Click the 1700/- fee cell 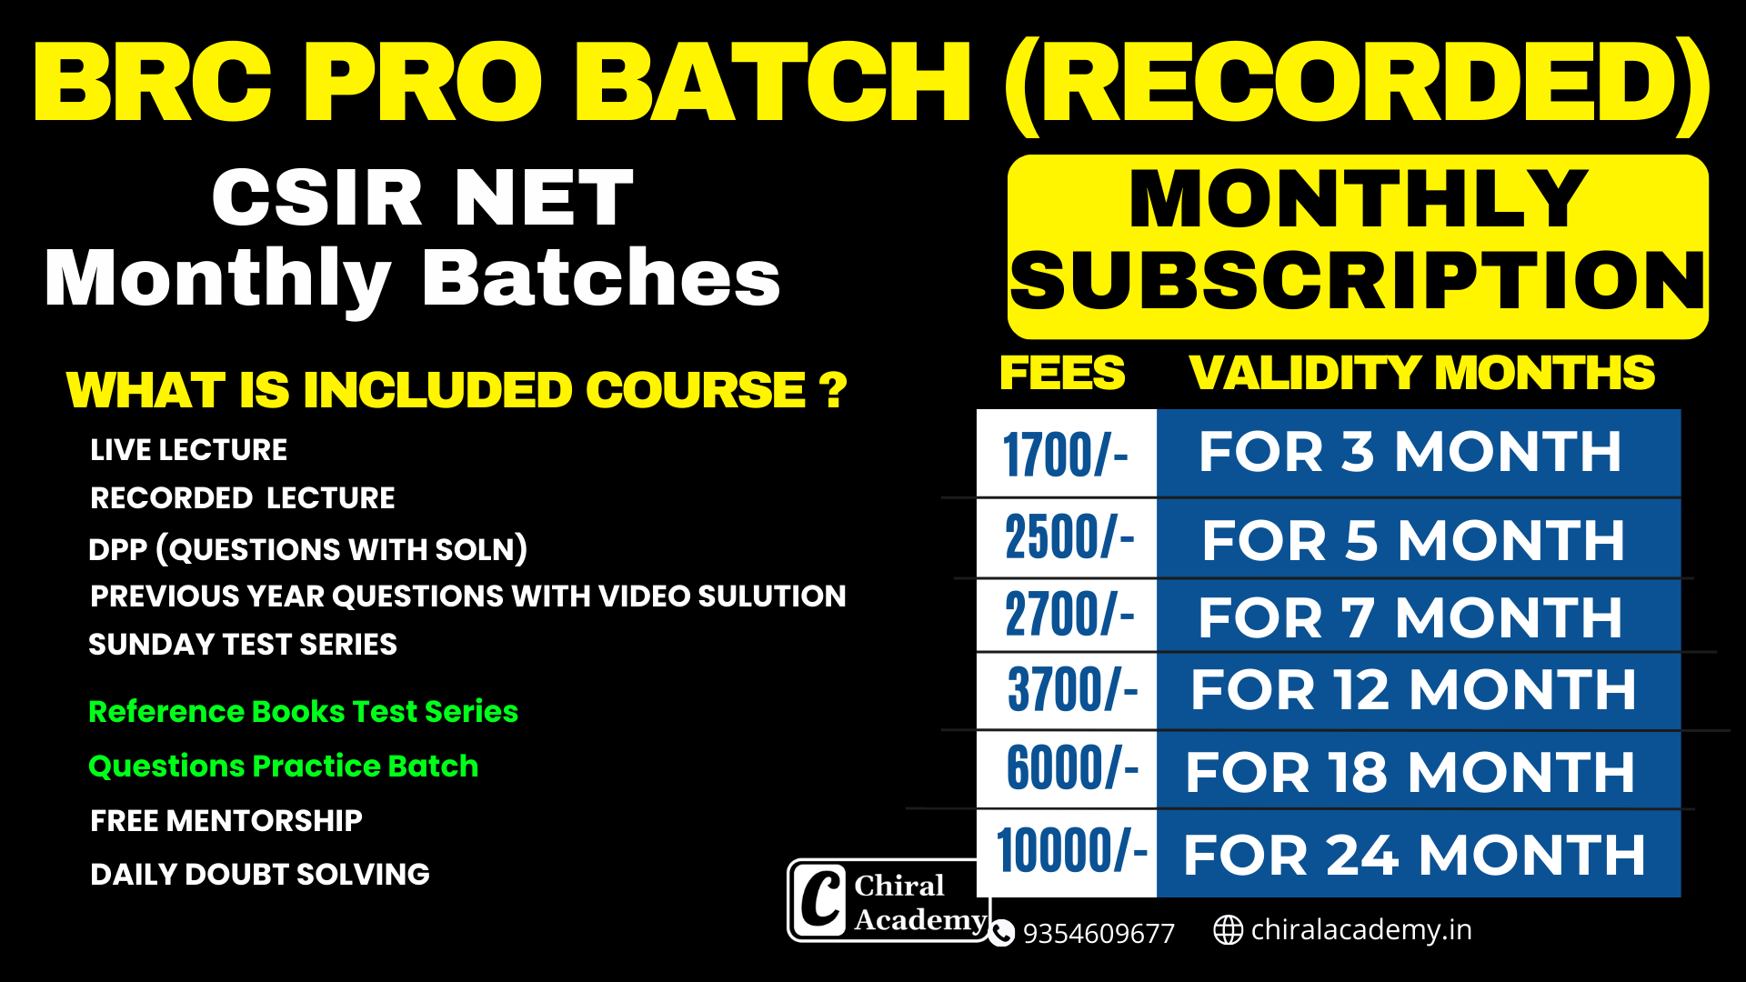coord(1066,453)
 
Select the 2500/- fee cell coord(1066,537)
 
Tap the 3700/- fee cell coord(1066,690)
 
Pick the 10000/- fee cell coord(1066,853)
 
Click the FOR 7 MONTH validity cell coord(1418,616)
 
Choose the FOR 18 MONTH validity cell coord(1418,770)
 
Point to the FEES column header coord(1062,373)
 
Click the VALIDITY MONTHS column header coord(1422,373)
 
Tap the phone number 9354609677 coord(1099,933)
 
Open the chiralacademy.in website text coord(1361,929)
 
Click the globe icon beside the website coord(1228,930)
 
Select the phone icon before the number coord(1001,933)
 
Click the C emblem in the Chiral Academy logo coord(821,900)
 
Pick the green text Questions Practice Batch coord(284,767)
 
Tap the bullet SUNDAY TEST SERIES coord(243,645)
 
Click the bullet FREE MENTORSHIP coord(226,821)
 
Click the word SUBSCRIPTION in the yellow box coord(1358,282)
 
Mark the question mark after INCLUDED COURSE coord(833,391)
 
